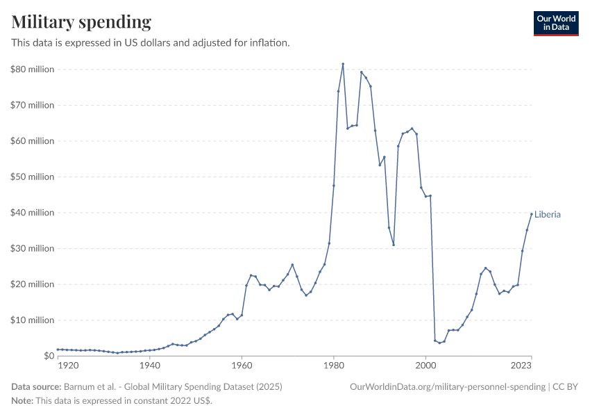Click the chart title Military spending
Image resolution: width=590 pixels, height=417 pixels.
click(x=81, y=22)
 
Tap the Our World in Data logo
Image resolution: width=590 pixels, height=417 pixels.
click(x=555, y=23)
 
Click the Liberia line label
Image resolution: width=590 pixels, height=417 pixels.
click(x=548, y=215)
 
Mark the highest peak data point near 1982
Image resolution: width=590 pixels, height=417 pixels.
click(x=343, y=64)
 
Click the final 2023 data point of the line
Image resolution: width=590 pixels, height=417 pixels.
click(x=532, y=214)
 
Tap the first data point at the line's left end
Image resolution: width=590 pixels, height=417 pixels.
click(x=58, y=350)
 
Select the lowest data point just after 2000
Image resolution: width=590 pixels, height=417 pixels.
click(x=439, y=343)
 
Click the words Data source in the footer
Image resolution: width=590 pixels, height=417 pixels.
click(x=36, y=386)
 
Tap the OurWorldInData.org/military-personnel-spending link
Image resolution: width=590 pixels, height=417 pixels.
click(x=448, y=386)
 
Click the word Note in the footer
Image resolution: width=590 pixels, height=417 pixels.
click(x=22, y=401)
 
